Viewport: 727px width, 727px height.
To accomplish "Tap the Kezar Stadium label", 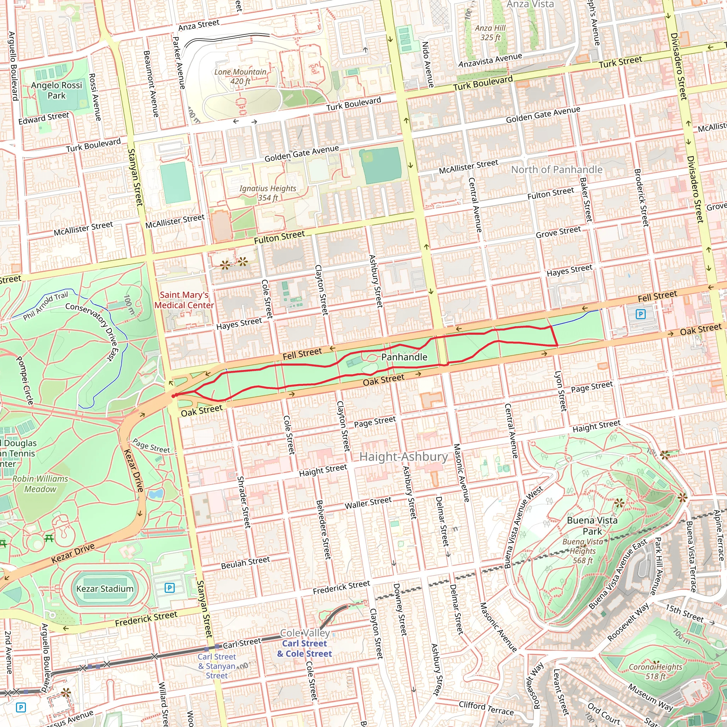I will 105,589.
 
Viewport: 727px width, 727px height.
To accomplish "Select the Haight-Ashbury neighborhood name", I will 403,457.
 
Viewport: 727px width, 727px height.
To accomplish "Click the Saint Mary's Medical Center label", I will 184,300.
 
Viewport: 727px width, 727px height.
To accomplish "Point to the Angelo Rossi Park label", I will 56,90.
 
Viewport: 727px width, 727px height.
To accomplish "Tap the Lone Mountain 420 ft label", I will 240,76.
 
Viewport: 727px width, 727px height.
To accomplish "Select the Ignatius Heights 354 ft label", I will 268,193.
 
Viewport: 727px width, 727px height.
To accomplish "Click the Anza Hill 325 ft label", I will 490,33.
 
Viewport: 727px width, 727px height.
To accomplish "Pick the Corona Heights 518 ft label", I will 655,671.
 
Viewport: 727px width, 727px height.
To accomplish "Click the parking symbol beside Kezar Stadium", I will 170,588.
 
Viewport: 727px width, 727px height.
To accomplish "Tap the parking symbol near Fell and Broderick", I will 640,314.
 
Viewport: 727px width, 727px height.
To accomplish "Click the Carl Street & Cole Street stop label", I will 305,648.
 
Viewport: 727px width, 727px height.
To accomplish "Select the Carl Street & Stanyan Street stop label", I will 217,666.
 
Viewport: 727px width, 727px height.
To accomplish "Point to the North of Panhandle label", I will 557,170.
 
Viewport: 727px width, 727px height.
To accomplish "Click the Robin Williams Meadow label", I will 40,484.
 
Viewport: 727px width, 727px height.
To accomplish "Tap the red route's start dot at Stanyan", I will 174,396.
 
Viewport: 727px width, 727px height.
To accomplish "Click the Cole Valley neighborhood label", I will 305,633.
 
